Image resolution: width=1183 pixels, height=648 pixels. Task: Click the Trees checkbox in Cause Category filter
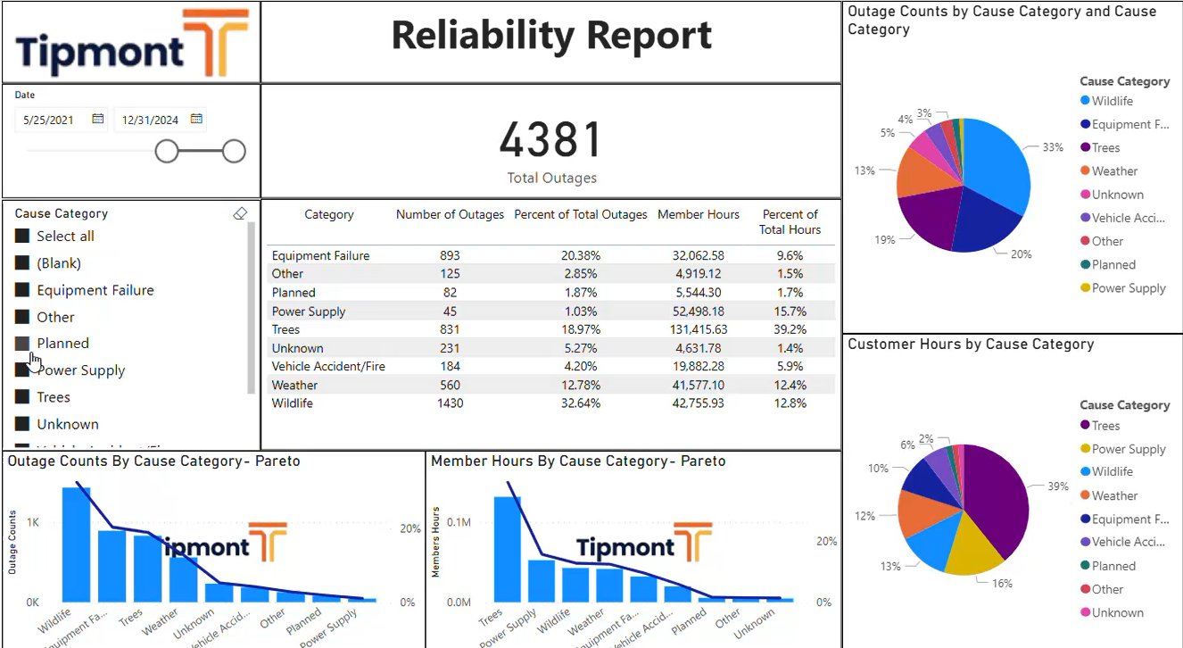(22, 397)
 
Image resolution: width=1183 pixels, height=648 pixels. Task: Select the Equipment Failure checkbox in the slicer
(22, 290)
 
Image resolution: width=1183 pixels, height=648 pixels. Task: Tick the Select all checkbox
(22, 237)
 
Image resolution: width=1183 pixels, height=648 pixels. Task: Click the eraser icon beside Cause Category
(239, 213)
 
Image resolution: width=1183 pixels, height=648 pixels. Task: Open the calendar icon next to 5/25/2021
(98, 119)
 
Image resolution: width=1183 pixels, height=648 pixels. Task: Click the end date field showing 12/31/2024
(150, 120)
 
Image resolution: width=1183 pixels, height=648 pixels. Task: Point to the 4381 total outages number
(550, 140)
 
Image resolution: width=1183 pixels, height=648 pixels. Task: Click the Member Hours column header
(698, 214)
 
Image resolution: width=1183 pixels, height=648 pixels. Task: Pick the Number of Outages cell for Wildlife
(450, 403)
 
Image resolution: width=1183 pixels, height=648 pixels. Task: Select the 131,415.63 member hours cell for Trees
(698, 329)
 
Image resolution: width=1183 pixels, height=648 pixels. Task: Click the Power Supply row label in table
(309, 312)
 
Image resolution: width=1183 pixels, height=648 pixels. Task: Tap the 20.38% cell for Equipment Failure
(580, 255)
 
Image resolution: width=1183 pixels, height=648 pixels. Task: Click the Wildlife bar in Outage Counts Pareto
(76, 544)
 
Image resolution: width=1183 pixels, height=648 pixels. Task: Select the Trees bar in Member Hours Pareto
(508, 549)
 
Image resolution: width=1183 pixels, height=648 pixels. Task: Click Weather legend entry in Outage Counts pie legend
(1114, 171)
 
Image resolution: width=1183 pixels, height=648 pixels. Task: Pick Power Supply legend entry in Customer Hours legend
(1128, 449)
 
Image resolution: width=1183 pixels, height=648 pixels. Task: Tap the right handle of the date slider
(234, 152)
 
